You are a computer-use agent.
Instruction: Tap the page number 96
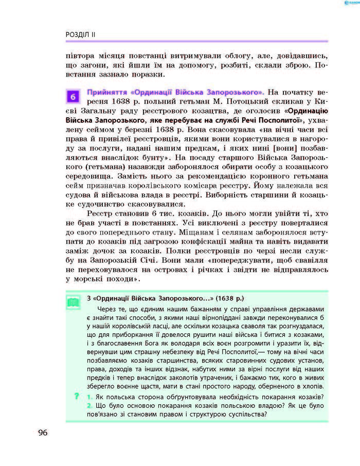[42, 432]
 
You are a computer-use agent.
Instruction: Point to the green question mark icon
[76, 396]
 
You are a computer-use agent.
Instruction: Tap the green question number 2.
[89, 405]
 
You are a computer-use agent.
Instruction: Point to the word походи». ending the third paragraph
[122, 280]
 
